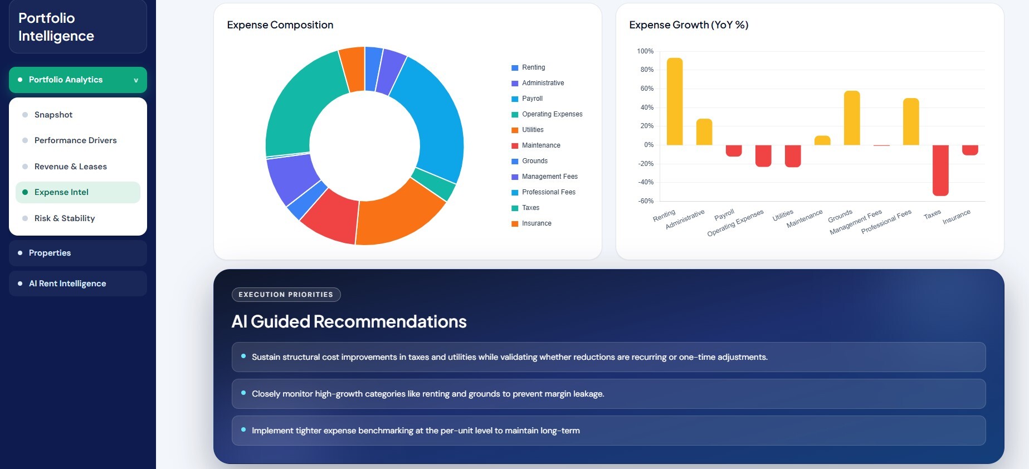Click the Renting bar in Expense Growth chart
pyautogui.click(x=674, y=101)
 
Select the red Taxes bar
pyautogui.click(x=940, y=170)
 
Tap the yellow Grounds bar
pyautogui.click(x=852, y=118)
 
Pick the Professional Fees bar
pyautogui.click(x=911, y=121)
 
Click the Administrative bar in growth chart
pyautogui.click(x=704, y=132)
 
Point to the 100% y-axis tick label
pyautogui.click(x=645, y=51)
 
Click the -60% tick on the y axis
pyautogui.click(x=646, y=201)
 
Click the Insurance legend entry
pyautogui.click(x=531, y=223)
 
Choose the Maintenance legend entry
pyautogui.click(x=536, y=145)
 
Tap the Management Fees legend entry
pyautogui.click(x=544, y=177)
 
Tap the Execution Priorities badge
pyautogui.click(x=286, y=295)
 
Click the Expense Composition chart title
pyautogui.click(x=280, y=25)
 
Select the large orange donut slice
pyautogui.click(x=398, y=214)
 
